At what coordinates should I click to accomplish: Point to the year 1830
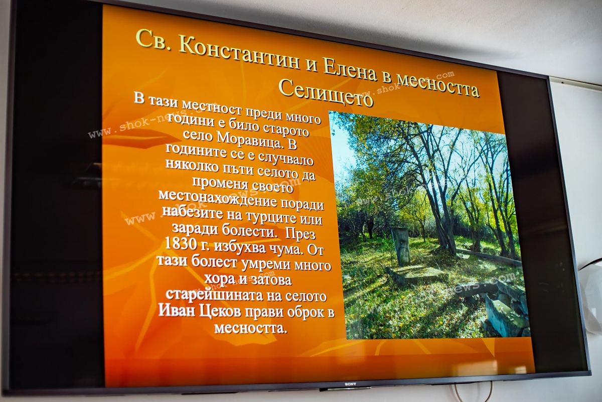click(180, 243)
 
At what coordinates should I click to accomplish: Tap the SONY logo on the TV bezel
click(351, 384)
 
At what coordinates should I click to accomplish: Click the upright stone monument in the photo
click(401, 246)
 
